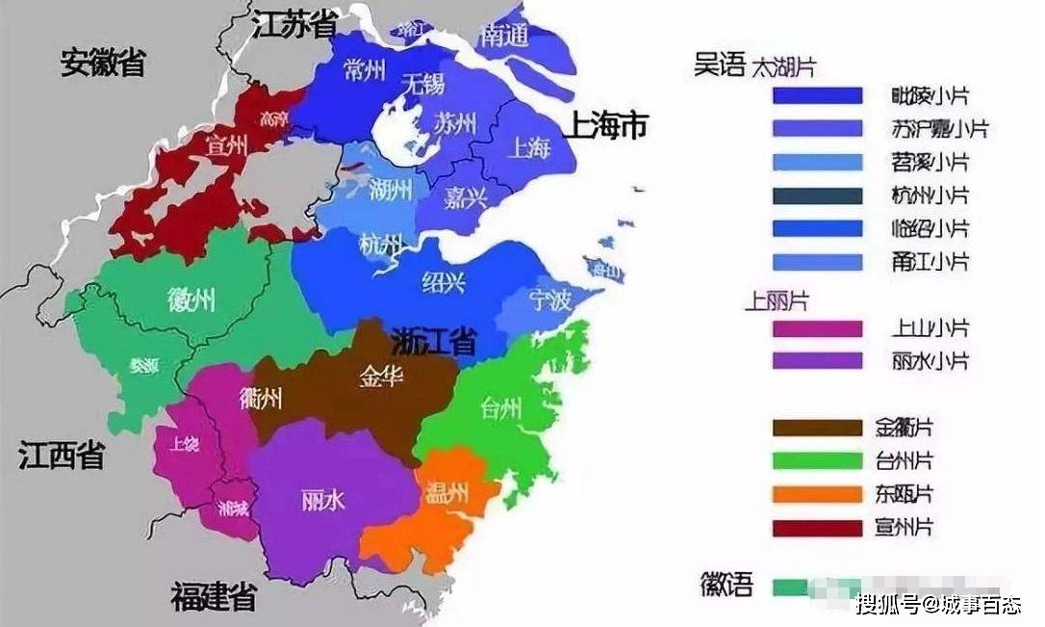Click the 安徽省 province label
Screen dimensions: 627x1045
pos(103,63)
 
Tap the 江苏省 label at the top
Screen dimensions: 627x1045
pos(294,25)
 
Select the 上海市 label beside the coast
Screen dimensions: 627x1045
pos(607,125)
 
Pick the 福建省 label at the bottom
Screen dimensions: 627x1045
pos(214,597)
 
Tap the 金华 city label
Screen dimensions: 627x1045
pos(381,377)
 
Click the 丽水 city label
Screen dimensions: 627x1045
pos(323,500)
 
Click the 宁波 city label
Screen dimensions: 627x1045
pos(550,300)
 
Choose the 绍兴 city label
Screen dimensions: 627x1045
pos(445,281)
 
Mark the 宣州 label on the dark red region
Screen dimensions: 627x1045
pos(227,145)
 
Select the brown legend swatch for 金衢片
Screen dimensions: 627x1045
pos(817,428)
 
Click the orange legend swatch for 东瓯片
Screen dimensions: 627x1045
pos(817,494)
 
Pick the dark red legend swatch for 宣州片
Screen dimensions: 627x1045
pos(817,528)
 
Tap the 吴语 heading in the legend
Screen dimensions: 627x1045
pos(720,65)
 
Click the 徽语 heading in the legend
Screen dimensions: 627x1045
pos(726,584)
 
